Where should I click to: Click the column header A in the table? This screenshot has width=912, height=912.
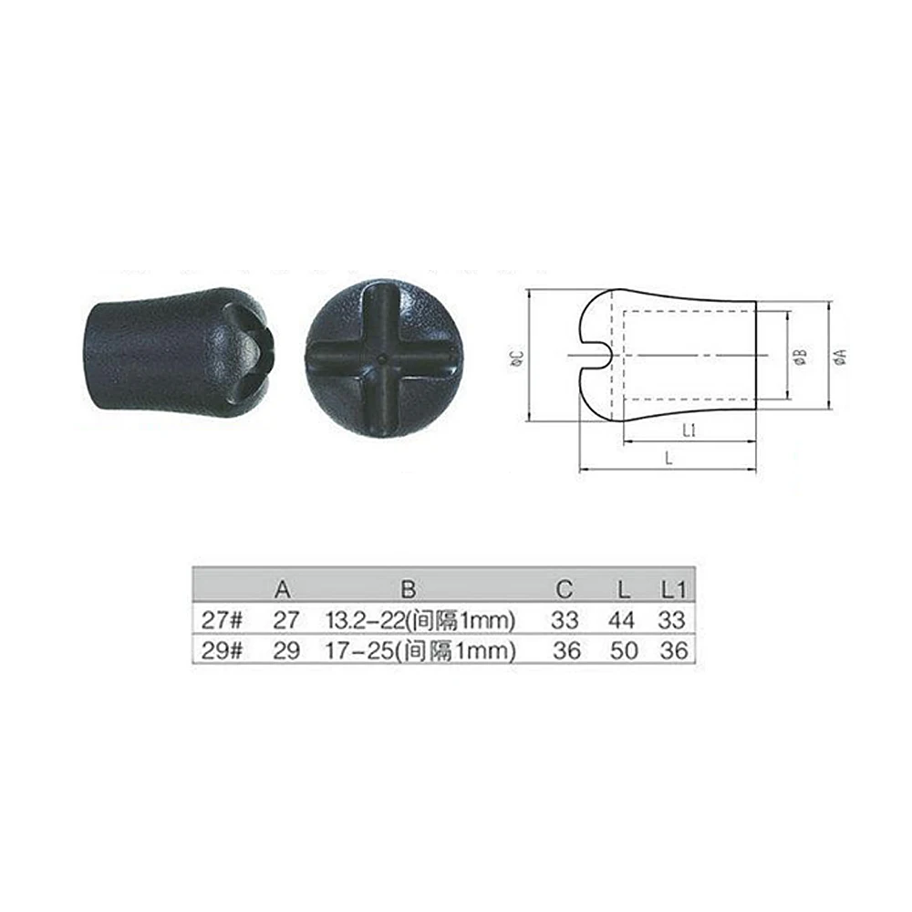[283, 589]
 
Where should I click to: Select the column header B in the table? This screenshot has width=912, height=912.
[409, 589]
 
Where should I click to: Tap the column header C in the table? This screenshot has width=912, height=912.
[565, 589]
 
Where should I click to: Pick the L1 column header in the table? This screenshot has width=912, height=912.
[674, 589]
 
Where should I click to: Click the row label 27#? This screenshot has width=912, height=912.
[221, 620]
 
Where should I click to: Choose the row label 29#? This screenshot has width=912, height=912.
[222, 650]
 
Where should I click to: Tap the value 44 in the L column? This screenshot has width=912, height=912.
[622, 620]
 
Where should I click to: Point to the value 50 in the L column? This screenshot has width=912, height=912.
[624, 650]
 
